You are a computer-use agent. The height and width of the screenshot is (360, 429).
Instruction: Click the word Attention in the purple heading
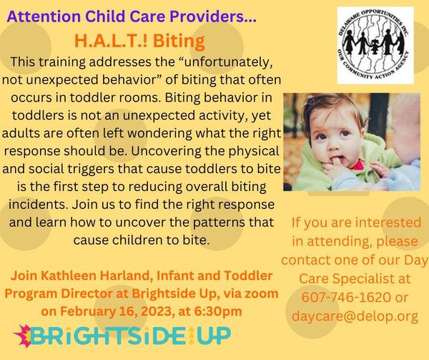[x=44, y=16]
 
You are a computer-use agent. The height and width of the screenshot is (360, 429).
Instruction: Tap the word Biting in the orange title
[x=179, y=41]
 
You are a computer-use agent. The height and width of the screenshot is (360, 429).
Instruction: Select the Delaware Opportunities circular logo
[x=375, y=45]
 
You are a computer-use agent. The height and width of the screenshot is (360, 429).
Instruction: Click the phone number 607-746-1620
[x=346, y=297]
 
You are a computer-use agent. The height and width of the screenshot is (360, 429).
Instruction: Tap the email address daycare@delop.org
[x=355, y=316]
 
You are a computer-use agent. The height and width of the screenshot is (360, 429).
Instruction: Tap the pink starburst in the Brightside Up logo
[x=22, y=336]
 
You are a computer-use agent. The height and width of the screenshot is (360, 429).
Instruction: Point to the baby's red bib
[x=358, y=165]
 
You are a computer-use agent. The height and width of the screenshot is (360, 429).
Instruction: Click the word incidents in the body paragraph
[x=38, y=205]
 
